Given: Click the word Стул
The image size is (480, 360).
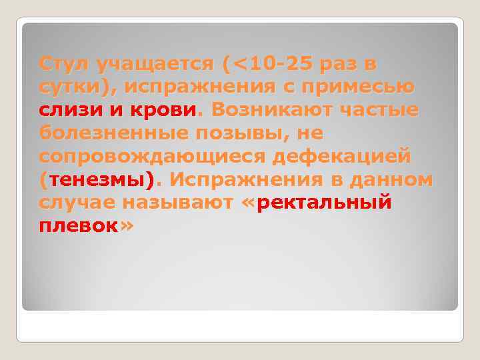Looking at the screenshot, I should tap(64, 64).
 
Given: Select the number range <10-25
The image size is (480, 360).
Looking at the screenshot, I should tap(271, 64).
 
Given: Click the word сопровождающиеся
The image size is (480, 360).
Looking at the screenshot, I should tap(147, 156).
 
